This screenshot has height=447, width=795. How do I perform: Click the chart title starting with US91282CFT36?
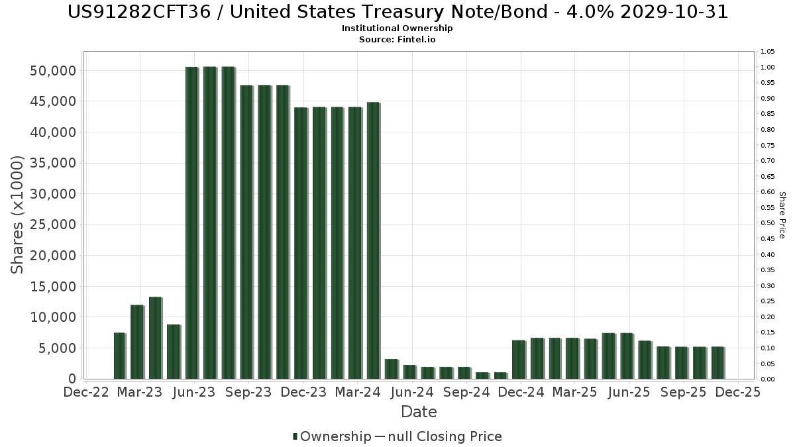point(397,13)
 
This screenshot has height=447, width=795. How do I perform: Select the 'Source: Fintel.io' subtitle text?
point(397,40)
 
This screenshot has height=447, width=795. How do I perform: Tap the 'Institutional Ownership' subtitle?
point(397,28)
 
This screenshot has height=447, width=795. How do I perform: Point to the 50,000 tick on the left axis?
point(54,71)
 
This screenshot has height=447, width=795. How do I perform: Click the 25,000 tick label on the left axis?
point(54,224)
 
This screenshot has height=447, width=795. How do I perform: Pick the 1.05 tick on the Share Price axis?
point(768,52)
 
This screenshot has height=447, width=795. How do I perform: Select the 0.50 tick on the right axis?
point(768,223)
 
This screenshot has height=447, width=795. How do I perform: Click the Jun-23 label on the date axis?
point(193,392)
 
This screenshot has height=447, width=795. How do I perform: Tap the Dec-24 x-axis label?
point(521,392)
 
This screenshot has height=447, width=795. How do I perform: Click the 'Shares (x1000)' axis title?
point(18,215)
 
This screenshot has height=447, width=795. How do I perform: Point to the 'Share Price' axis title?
point(782,215)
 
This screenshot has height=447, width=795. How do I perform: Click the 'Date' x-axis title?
point(419,412)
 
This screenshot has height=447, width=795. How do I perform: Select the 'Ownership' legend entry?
point(332,436)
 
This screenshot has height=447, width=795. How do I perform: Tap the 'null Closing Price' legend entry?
point(438,436)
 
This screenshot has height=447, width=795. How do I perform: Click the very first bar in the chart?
point(119,356)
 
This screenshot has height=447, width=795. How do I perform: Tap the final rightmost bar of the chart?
point(717,363)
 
